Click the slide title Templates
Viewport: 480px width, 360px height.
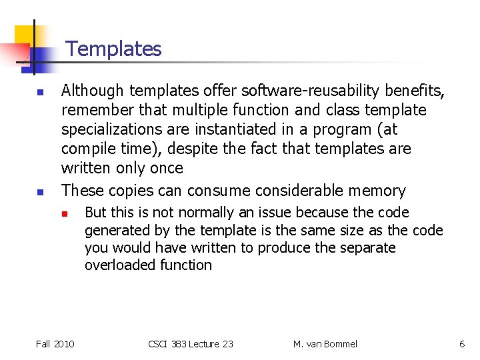coord(113,49)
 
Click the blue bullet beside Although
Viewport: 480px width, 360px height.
coord(40,91)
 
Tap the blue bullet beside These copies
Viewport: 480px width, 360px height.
coord(40,191)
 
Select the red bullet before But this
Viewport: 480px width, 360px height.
coord(65,213)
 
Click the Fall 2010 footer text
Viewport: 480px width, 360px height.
coord(55,344)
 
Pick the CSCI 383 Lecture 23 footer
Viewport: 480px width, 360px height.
coord(191,344)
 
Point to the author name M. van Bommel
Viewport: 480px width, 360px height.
coord(325,344)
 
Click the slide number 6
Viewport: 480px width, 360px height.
coord(462,344)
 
